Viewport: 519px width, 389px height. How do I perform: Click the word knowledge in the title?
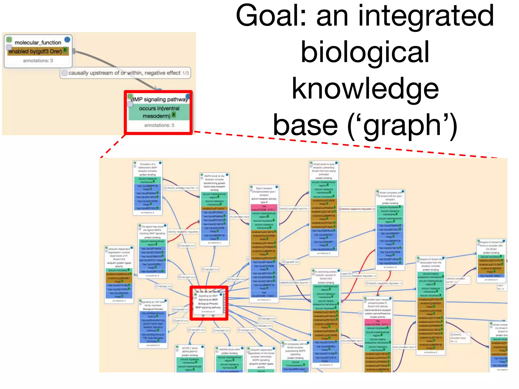pyautogui.click(x=365, y=89)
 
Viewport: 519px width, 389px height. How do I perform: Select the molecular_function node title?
pyautogui.click(x=38, y=43)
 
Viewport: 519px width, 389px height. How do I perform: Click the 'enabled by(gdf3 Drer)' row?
pyautogui.click(x=35, y=51)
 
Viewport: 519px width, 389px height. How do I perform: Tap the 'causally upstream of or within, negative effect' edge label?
pyautogui.click(x=124, y=73)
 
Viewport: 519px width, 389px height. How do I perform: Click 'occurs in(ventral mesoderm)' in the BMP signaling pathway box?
pyautogui.click(x=159, y=112)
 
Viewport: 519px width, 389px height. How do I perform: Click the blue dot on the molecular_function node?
pyautogui.click(x=67, y=40)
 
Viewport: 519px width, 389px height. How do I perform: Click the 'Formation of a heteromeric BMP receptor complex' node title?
pyautogui.click(x=147, y=167)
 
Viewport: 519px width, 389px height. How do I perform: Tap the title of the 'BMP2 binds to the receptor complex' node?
pyautogui.click(x=214, y=178)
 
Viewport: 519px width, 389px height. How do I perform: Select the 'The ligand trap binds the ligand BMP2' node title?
pyautogui.click(x=153, y=230)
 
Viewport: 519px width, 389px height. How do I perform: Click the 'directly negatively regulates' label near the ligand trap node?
pyautogui.click(x=183, y=232)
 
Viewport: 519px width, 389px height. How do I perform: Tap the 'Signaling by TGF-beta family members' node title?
pyautogui.click(x=153, y=303)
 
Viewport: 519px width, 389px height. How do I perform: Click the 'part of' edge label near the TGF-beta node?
pyautogui.click(x=182, y=321)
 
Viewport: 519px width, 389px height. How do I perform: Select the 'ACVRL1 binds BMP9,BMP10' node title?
pyautogui.click(x=190, y=350)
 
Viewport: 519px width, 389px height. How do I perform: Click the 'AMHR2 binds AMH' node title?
pyautogui.click(x=229, y=349)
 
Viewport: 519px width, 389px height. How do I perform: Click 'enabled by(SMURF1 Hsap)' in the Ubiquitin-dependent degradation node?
pyautogui.click(x=119, y=280)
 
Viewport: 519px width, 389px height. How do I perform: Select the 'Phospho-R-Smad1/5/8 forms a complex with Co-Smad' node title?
pyautogui.click(x=491, y=245)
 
